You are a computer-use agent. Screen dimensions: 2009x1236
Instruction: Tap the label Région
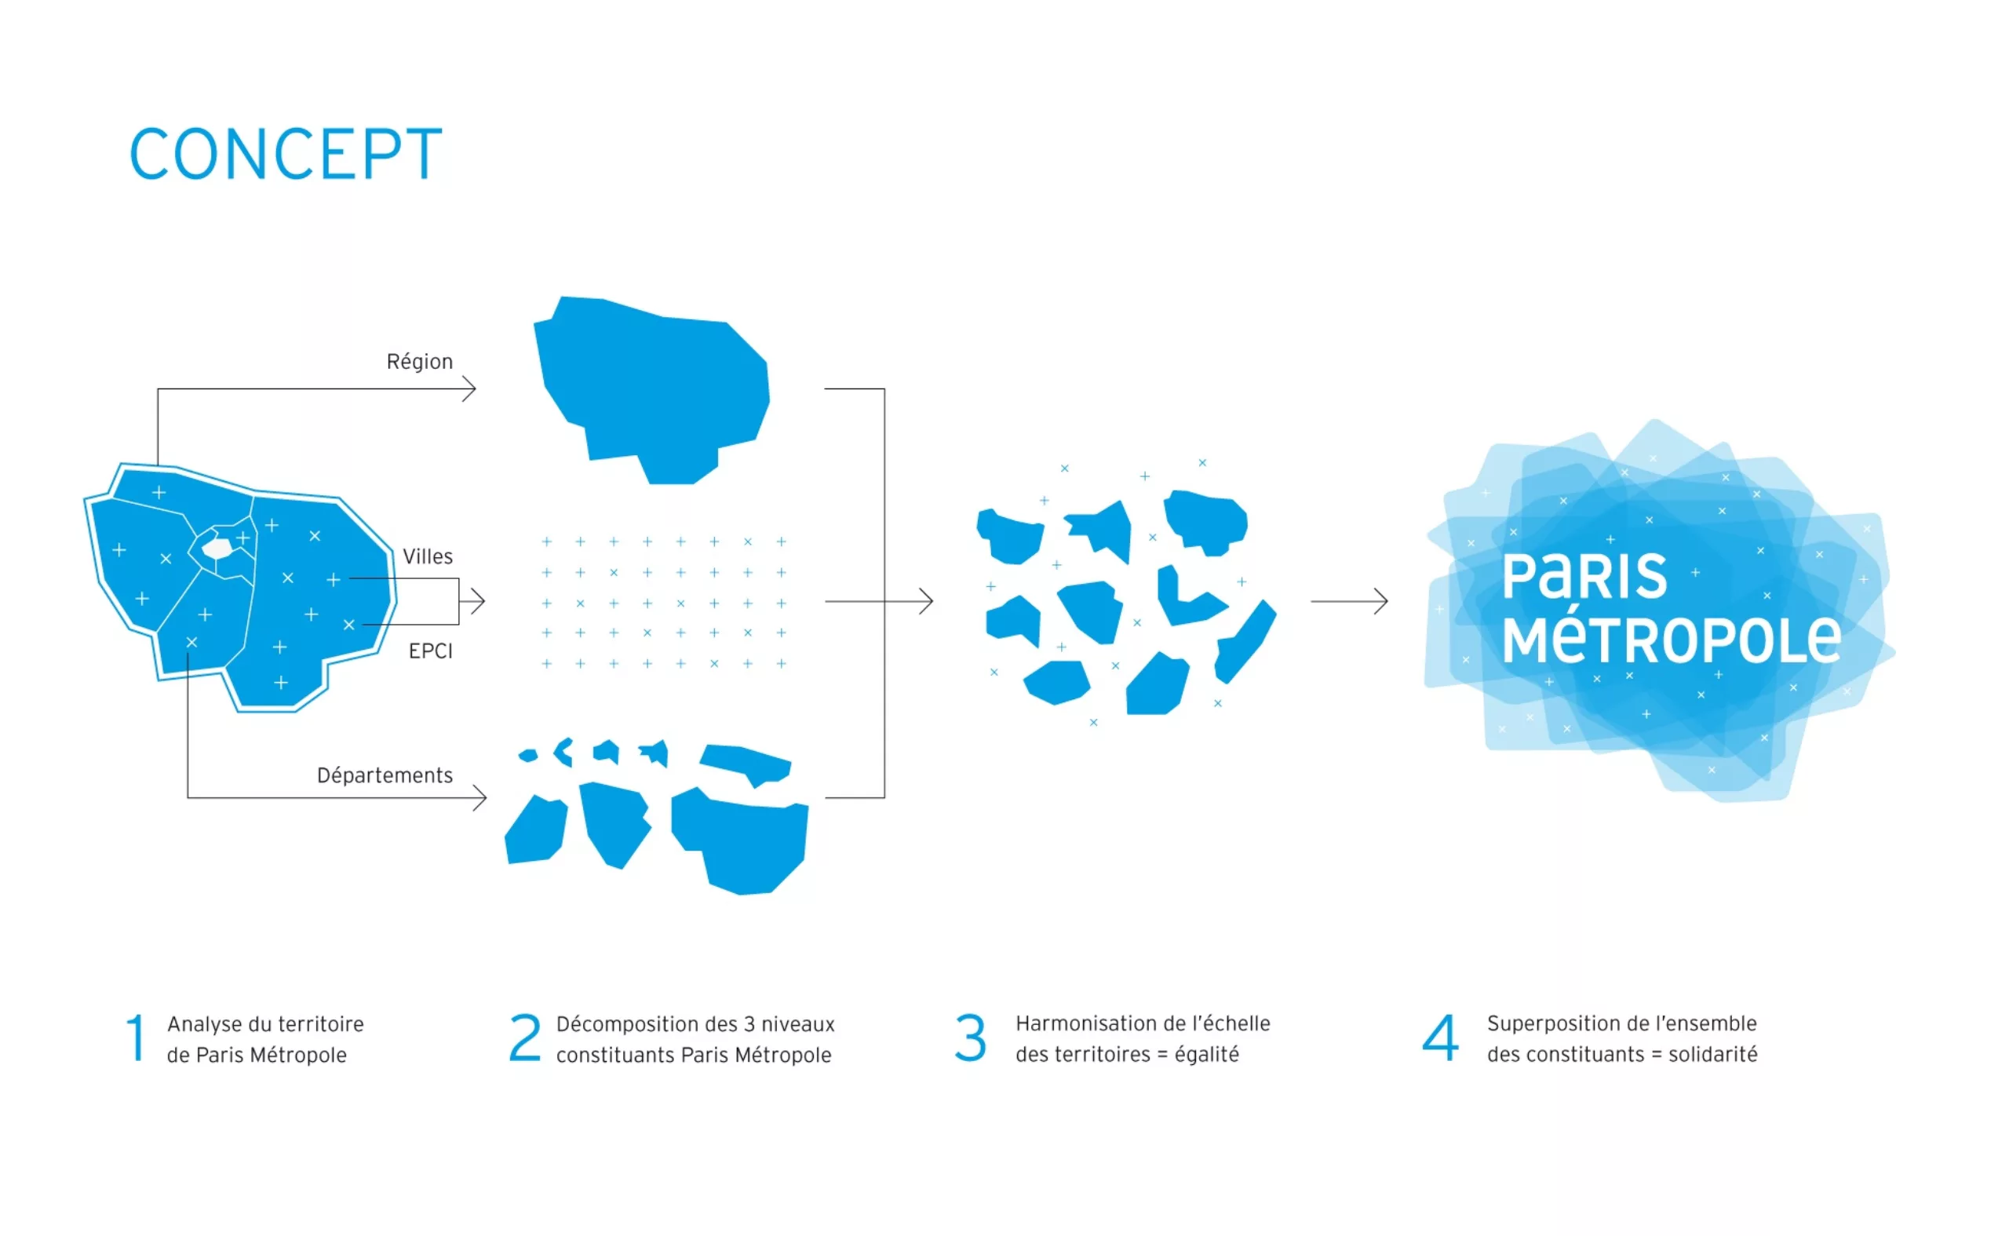pyautogui.click(x=419, y=361)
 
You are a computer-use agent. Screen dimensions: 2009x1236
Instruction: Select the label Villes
pyautogui.click(x=428, y=556)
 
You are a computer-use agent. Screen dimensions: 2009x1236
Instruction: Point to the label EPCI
pyautogui.click(x=431, y=651)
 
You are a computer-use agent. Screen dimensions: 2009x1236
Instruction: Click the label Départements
pyautogui.click(x=385, y=775)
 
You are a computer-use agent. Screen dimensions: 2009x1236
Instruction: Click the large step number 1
pyautogui.click(x=137, y=1038)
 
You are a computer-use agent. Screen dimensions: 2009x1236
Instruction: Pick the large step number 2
pyautogui.click(x=525, y=1038)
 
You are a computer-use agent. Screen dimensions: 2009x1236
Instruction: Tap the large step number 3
pyautogui.click(x=970, y=1038)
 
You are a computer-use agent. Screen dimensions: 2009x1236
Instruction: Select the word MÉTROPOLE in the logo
pyautogui.click(x=1672, y=640)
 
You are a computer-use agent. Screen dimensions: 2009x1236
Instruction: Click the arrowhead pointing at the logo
pyautogui.click(x=1380, y=602)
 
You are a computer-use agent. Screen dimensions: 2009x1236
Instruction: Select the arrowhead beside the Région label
pyautogui.click(x=469, y=389)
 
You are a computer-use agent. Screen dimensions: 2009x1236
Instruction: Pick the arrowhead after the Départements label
pyautogui.click(x=479, y=798)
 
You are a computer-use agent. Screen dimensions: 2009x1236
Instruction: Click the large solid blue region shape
pyautogui.click(x=652, y=388)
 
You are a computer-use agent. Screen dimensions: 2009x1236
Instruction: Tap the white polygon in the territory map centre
pyautogui.click(x=217, y=548)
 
